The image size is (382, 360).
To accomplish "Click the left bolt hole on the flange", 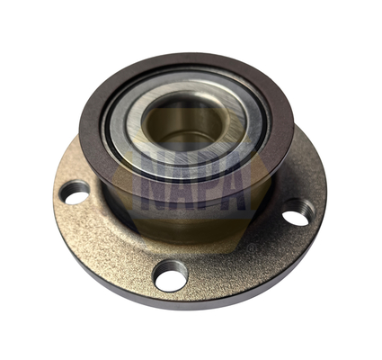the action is (x=75, y=193).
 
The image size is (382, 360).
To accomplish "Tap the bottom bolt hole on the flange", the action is (x=170, y=275).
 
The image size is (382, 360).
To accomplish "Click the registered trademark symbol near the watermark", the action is (x=252, y=247).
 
